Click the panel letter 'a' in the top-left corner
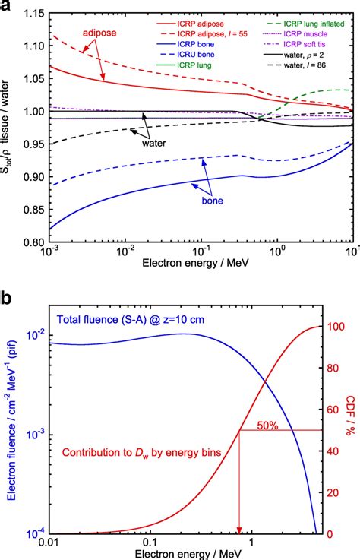coord(7,8)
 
